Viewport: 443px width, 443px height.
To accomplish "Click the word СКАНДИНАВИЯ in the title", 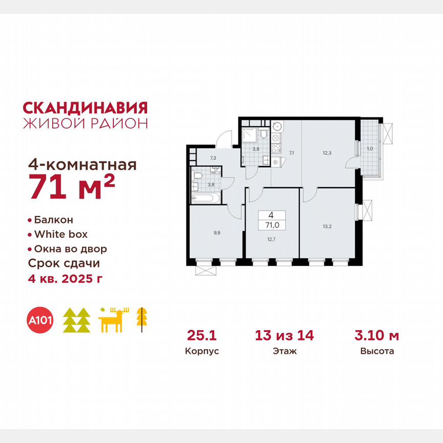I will tap(86, 108).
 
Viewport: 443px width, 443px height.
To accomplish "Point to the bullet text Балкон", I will tap(53, 220).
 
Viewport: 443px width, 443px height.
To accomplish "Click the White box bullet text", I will tap(61, 234).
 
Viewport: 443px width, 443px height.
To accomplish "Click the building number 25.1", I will tap(198, 336).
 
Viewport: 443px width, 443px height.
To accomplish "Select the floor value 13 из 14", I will tap(285, 336).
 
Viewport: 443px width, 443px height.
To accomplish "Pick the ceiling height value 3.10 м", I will tap(377, 336).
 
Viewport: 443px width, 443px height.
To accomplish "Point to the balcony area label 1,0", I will tap(369, 149).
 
